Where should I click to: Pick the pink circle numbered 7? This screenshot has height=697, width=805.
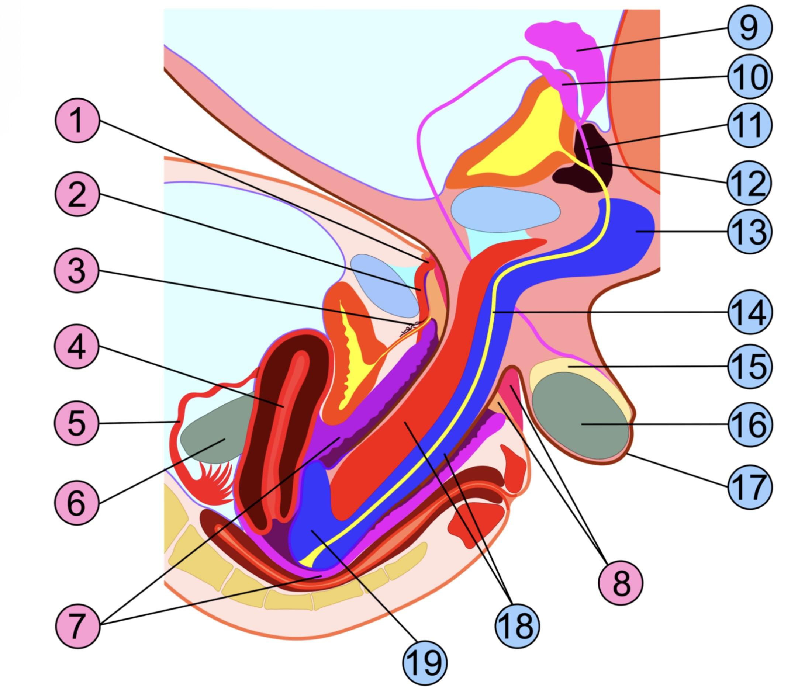click(x=77, y=626)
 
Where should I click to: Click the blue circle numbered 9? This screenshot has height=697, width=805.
click(x=749, y=28)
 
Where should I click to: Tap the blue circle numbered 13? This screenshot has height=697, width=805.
click(x=749, y=232)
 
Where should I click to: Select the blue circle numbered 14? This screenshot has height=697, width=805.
click(x=749, y=312)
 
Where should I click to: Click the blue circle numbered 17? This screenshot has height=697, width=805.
click(x=749, y=487)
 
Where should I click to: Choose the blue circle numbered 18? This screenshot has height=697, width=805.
click(x=517, y=625)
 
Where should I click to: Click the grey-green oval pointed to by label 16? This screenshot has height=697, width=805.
click(x=580, y=416)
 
